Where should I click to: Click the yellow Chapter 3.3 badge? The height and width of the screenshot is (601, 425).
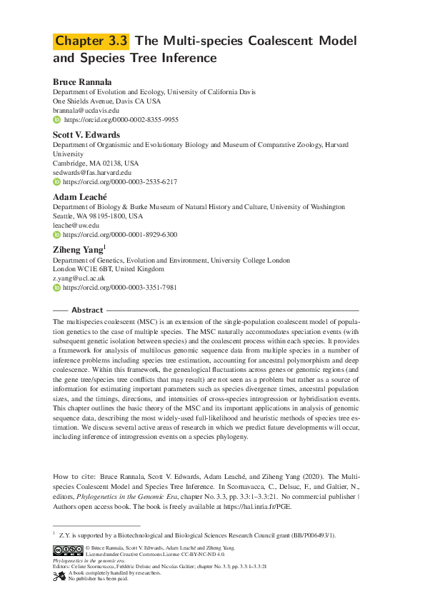pos(91,41)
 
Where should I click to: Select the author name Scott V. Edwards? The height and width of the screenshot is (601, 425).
pos(86,134)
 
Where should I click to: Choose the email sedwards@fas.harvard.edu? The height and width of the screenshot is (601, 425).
pos(92,172)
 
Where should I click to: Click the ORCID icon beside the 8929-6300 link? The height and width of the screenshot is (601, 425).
pos(57,235)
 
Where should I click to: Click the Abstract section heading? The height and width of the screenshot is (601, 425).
pos(87,310)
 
